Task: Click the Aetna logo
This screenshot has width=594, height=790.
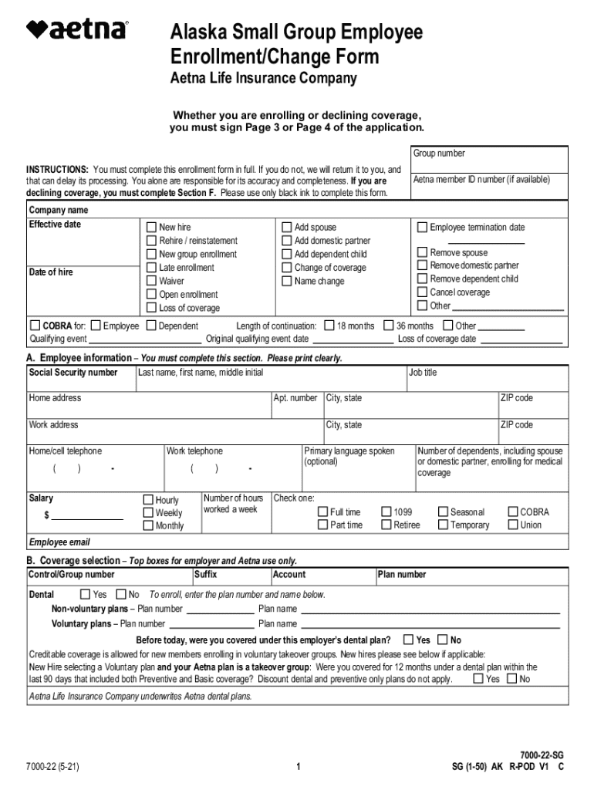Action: click(x=77, y=30)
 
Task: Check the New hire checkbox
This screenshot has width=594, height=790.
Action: click(x=152, y=228)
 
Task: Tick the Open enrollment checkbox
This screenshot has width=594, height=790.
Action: click(x=152, y=295)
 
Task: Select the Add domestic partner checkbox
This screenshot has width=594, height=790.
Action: click(x=287, y=241)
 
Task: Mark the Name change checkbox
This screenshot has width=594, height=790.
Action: click(x=287, y=281)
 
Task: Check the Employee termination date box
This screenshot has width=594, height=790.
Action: click(x=422, y=228)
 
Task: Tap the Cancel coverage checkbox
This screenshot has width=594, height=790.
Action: click(x=422, y=292)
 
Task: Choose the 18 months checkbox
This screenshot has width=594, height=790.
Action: click(x=329, y=326)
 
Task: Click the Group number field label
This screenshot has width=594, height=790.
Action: click(x=439, y=154)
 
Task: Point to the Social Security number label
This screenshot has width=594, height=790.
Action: click(x=73, y=373)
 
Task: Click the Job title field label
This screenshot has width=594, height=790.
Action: click(x=423, y=373)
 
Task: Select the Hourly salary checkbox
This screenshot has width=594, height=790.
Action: click(x=148, y=500)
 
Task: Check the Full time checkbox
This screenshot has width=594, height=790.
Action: click(x=323, y=511)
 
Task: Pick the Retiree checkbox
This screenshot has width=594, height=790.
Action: click(x=386, y=525)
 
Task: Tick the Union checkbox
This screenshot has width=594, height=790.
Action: click(x=513, y=525)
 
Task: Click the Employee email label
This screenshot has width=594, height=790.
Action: click(x=59, y=542)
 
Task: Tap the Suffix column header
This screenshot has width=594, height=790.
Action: click(x=205, y=575)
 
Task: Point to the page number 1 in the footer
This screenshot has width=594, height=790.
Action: click(x=297, y=767)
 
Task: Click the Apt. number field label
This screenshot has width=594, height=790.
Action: click(x=295, y=398)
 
